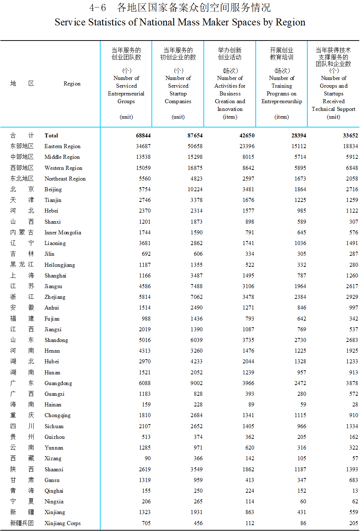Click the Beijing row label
53,189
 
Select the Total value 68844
143,136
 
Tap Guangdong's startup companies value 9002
196,383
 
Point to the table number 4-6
98,8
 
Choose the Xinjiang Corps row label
62,523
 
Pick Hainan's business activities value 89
251,405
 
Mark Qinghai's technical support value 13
355,491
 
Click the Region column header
72,84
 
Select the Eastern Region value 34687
143,146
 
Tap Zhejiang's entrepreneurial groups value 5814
144,297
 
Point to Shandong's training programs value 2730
300,340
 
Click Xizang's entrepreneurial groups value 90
147,458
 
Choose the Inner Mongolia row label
63,233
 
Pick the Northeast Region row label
65,179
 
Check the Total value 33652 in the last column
350,136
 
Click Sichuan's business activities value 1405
248,426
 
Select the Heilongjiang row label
60,265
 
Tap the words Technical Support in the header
333,109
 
